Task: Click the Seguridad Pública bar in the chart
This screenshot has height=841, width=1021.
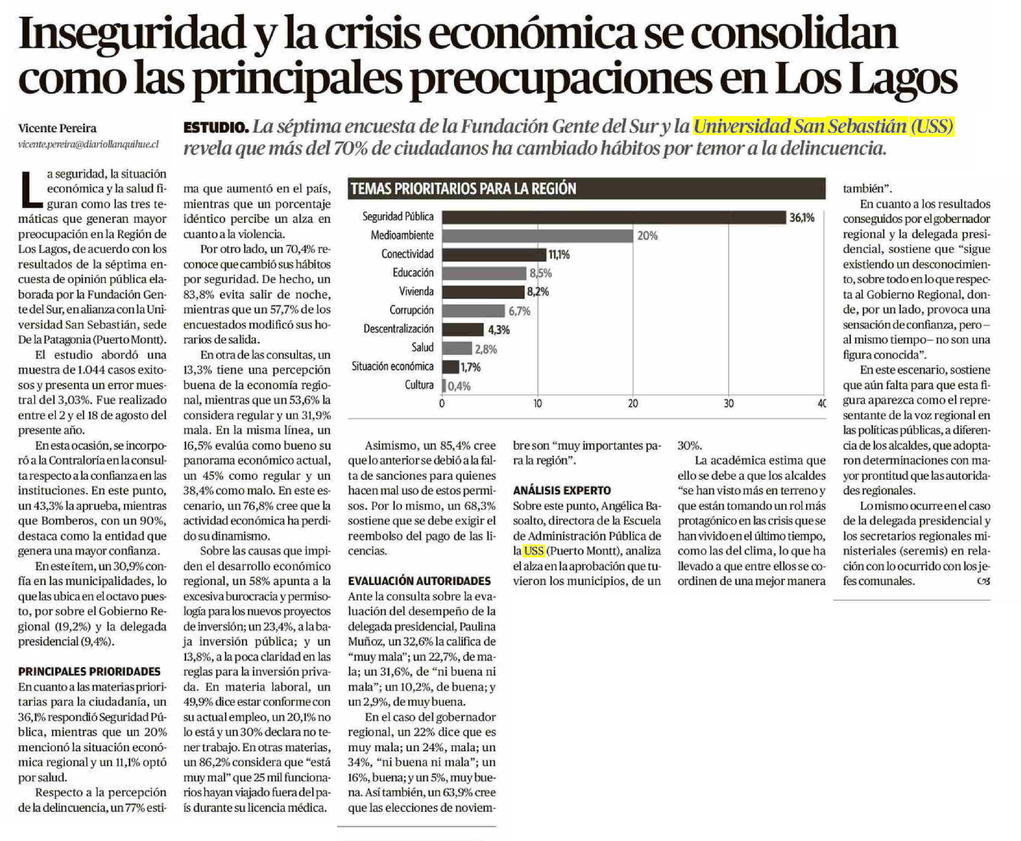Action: tap(614, 217)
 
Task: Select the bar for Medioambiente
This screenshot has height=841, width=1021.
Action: tap(537, 236)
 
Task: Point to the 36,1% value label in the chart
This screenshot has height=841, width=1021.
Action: tap(802, 217)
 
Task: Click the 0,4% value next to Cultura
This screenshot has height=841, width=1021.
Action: tap(459, 386)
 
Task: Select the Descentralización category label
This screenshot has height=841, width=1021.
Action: tap(398, 329)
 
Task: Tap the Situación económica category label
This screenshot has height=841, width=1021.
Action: tap(393, 366)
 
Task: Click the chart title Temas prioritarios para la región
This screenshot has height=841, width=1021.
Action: tap(463, 189)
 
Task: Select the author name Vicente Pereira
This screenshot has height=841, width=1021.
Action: tap(57, 128)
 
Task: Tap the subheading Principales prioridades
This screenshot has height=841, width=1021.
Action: tap(89, 672)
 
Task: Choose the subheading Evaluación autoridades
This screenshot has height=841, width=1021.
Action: tap(419, 581)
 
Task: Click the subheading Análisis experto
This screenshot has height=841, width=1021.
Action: tap(562, 490)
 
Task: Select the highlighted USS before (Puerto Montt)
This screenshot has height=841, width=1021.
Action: tap(534, 551)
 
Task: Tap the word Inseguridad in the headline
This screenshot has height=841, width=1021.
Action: tap(132, 35)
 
